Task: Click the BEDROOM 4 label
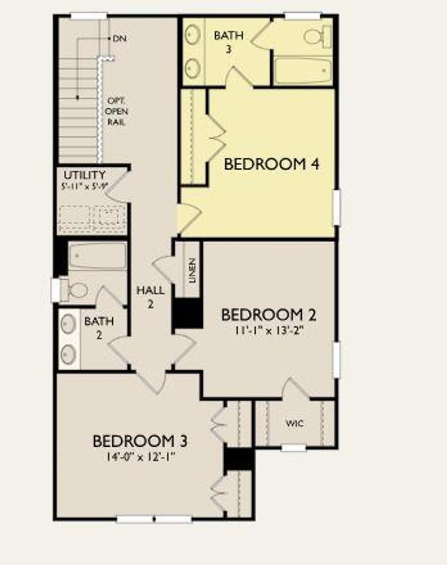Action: point(271,164)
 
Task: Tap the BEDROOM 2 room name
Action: point(268,315)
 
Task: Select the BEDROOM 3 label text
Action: point(140,441)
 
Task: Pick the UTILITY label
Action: point(85,175)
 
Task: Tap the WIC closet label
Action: point(295,423)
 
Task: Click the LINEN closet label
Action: point(193,271)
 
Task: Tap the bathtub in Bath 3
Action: point(304,70)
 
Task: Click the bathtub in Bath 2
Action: point(98,257)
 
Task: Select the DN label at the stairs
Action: point(119,38)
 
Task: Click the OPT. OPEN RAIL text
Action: point(117,112)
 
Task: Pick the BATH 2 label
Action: point(99,328)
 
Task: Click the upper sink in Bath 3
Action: point(192,34)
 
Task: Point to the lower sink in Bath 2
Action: point(68,354)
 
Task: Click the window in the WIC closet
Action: point(293,448)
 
